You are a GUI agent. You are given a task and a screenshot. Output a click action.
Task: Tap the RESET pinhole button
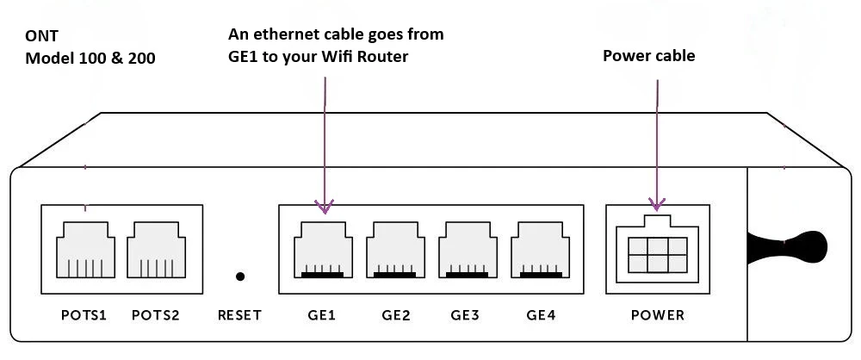point(240,276)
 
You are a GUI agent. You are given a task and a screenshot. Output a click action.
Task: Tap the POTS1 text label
point(84,315)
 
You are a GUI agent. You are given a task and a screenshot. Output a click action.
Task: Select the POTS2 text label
point(156,315)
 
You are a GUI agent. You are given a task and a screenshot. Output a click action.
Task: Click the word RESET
point(240,315)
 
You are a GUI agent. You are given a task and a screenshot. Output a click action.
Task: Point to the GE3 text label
point(465,315)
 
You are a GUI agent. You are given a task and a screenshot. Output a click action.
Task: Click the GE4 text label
point(541,315)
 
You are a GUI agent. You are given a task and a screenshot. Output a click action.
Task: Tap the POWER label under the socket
point(658,315)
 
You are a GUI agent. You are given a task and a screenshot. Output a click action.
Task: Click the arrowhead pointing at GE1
point(325,207)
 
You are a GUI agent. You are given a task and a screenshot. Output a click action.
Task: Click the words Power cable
point(648,56)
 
